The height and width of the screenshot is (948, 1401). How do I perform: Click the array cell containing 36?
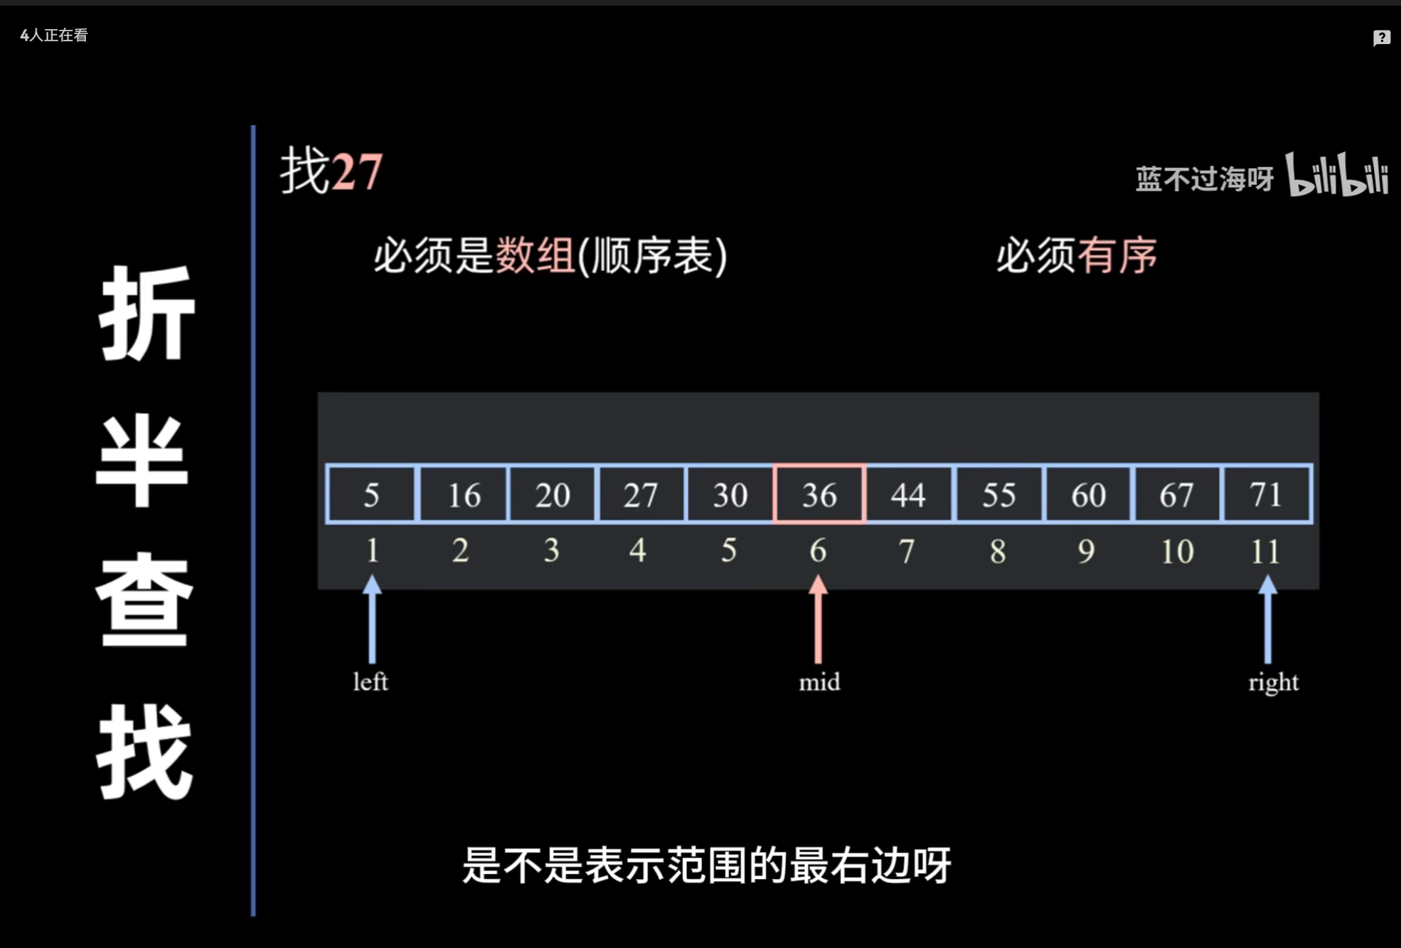[x=819, y=494]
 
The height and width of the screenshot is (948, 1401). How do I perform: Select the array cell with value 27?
[x=640, y=494]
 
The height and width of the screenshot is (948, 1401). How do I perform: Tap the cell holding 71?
[x=1266, y=494]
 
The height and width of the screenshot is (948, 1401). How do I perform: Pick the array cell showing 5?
[x=371, y=494]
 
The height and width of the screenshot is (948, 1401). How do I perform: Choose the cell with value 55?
[x=998, y=494]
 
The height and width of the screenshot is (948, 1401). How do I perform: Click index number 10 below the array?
[x=1177, y=551]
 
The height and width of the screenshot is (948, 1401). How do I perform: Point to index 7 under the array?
[x=907, y=551]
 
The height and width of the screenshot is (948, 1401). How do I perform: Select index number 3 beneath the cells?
[x=551, y=550]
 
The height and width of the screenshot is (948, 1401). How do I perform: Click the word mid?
[x=819, y=682]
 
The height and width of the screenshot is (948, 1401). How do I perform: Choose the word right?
[x=1273, y=683]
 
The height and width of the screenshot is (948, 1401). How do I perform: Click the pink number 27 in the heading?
[x=357, y=172]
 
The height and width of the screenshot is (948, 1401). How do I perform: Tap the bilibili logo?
[x=1337, y=175]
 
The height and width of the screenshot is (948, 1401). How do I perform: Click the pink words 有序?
[x=1117, y=255]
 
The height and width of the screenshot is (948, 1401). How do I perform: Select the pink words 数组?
[x=535, y=255]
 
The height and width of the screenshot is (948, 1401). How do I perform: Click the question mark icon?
[x=1381, y=38]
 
